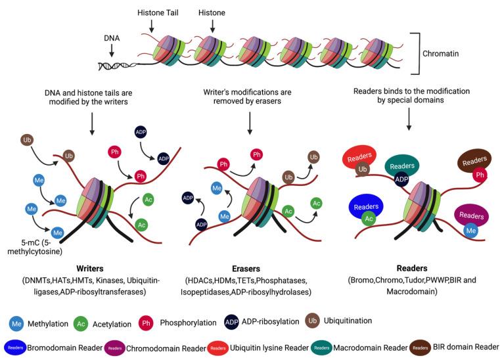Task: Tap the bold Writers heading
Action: pyautogui.click(x=89, y=269)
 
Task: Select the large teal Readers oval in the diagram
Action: pyautogui.click(x=403, y=166)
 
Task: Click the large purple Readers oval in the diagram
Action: pyautogui.click(x=471, y=215)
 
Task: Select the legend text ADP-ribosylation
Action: pyautogui.click(x=271, y=322)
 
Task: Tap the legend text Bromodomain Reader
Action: pyautogui.click(x=65, y=347)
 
